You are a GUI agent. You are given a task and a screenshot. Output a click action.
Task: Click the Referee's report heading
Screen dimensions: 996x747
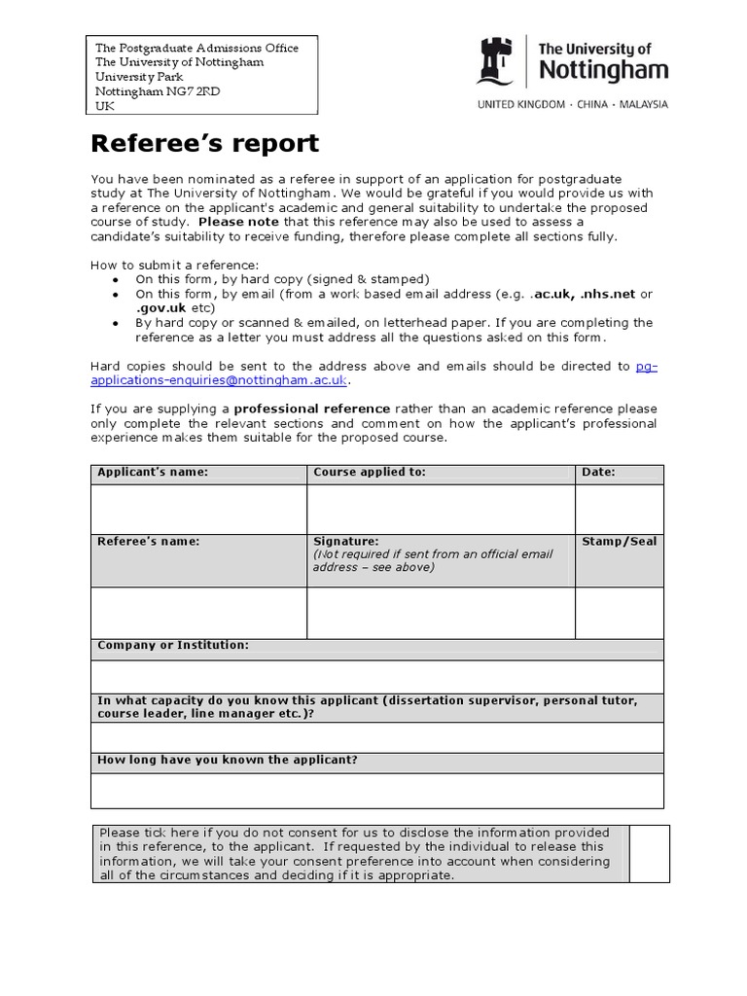[204, 144]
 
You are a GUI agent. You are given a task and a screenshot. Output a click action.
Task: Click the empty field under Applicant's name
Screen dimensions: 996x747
[198, 508]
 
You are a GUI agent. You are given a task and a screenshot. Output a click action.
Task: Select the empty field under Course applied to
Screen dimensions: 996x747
[441, 508]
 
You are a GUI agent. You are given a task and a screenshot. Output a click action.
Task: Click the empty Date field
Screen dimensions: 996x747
[619, 508]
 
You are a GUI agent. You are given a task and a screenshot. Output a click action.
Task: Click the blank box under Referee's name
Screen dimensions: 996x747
[198, 613]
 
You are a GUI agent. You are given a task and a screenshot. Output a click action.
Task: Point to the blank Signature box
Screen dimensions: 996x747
[441, 613]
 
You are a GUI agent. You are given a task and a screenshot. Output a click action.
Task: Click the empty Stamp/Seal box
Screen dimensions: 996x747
[619, 613]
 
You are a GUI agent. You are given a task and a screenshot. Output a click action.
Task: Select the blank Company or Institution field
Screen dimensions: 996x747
[377, 676]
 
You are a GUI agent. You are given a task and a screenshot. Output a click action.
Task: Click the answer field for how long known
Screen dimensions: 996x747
[377, 790]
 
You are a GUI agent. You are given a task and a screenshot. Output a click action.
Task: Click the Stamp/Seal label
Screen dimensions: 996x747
[619, 542]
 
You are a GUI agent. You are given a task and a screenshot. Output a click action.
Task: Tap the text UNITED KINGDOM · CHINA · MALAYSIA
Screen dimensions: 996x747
[571, 104]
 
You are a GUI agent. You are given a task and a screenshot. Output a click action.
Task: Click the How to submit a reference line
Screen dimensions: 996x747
[175, 266]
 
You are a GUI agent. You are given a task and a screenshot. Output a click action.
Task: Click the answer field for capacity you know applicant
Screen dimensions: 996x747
[377, 736]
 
